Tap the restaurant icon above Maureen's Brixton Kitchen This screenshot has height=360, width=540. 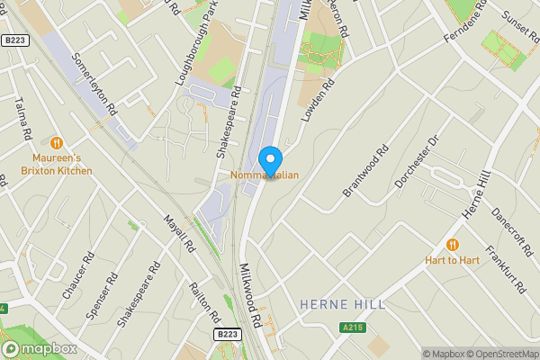(x=58, y=142)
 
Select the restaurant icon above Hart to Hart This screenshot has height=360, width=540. (x=453, y=244)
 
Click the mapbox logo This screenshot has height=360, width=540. (x=40, y=348)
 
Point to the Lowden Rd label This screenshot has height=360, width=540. (x=318, y=100)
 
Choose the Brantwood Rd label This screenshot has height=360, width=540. (x=364, y=171)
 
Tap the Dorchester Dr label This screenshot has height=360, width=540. (x=417, y=163)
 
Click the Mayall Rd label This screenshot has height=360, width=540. (x=179, y=233)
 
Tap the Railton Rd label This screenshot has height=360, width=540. (x=203, y=301)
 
